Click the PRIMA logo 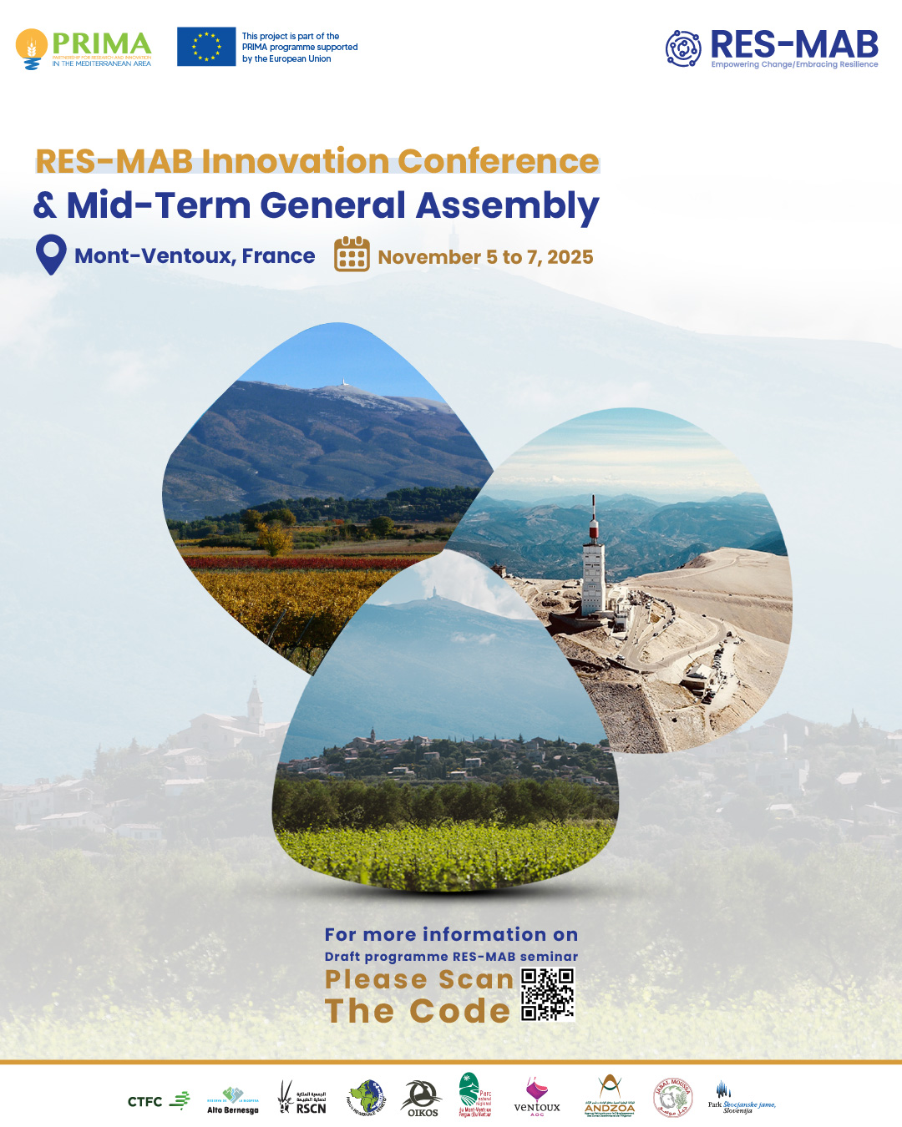tap(84, 48)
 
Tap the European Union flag tap(206, 47)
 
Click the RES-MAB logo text tap(793, 45)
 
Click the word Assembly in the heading tap(508, 206)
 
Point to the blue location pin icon tap(51, 254)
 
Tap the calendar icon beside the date tap(352, 255)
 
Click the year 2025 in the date tap(570, 257)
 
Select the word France tap(278, 256)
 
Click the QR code tap(548, 994)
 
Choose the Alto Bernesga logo tap(233, 1100)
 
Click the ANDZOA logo tap(610, 1097)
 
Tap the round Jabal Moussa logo tap(672, 1097)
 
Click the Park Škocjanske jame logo tap(741, 1098)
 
